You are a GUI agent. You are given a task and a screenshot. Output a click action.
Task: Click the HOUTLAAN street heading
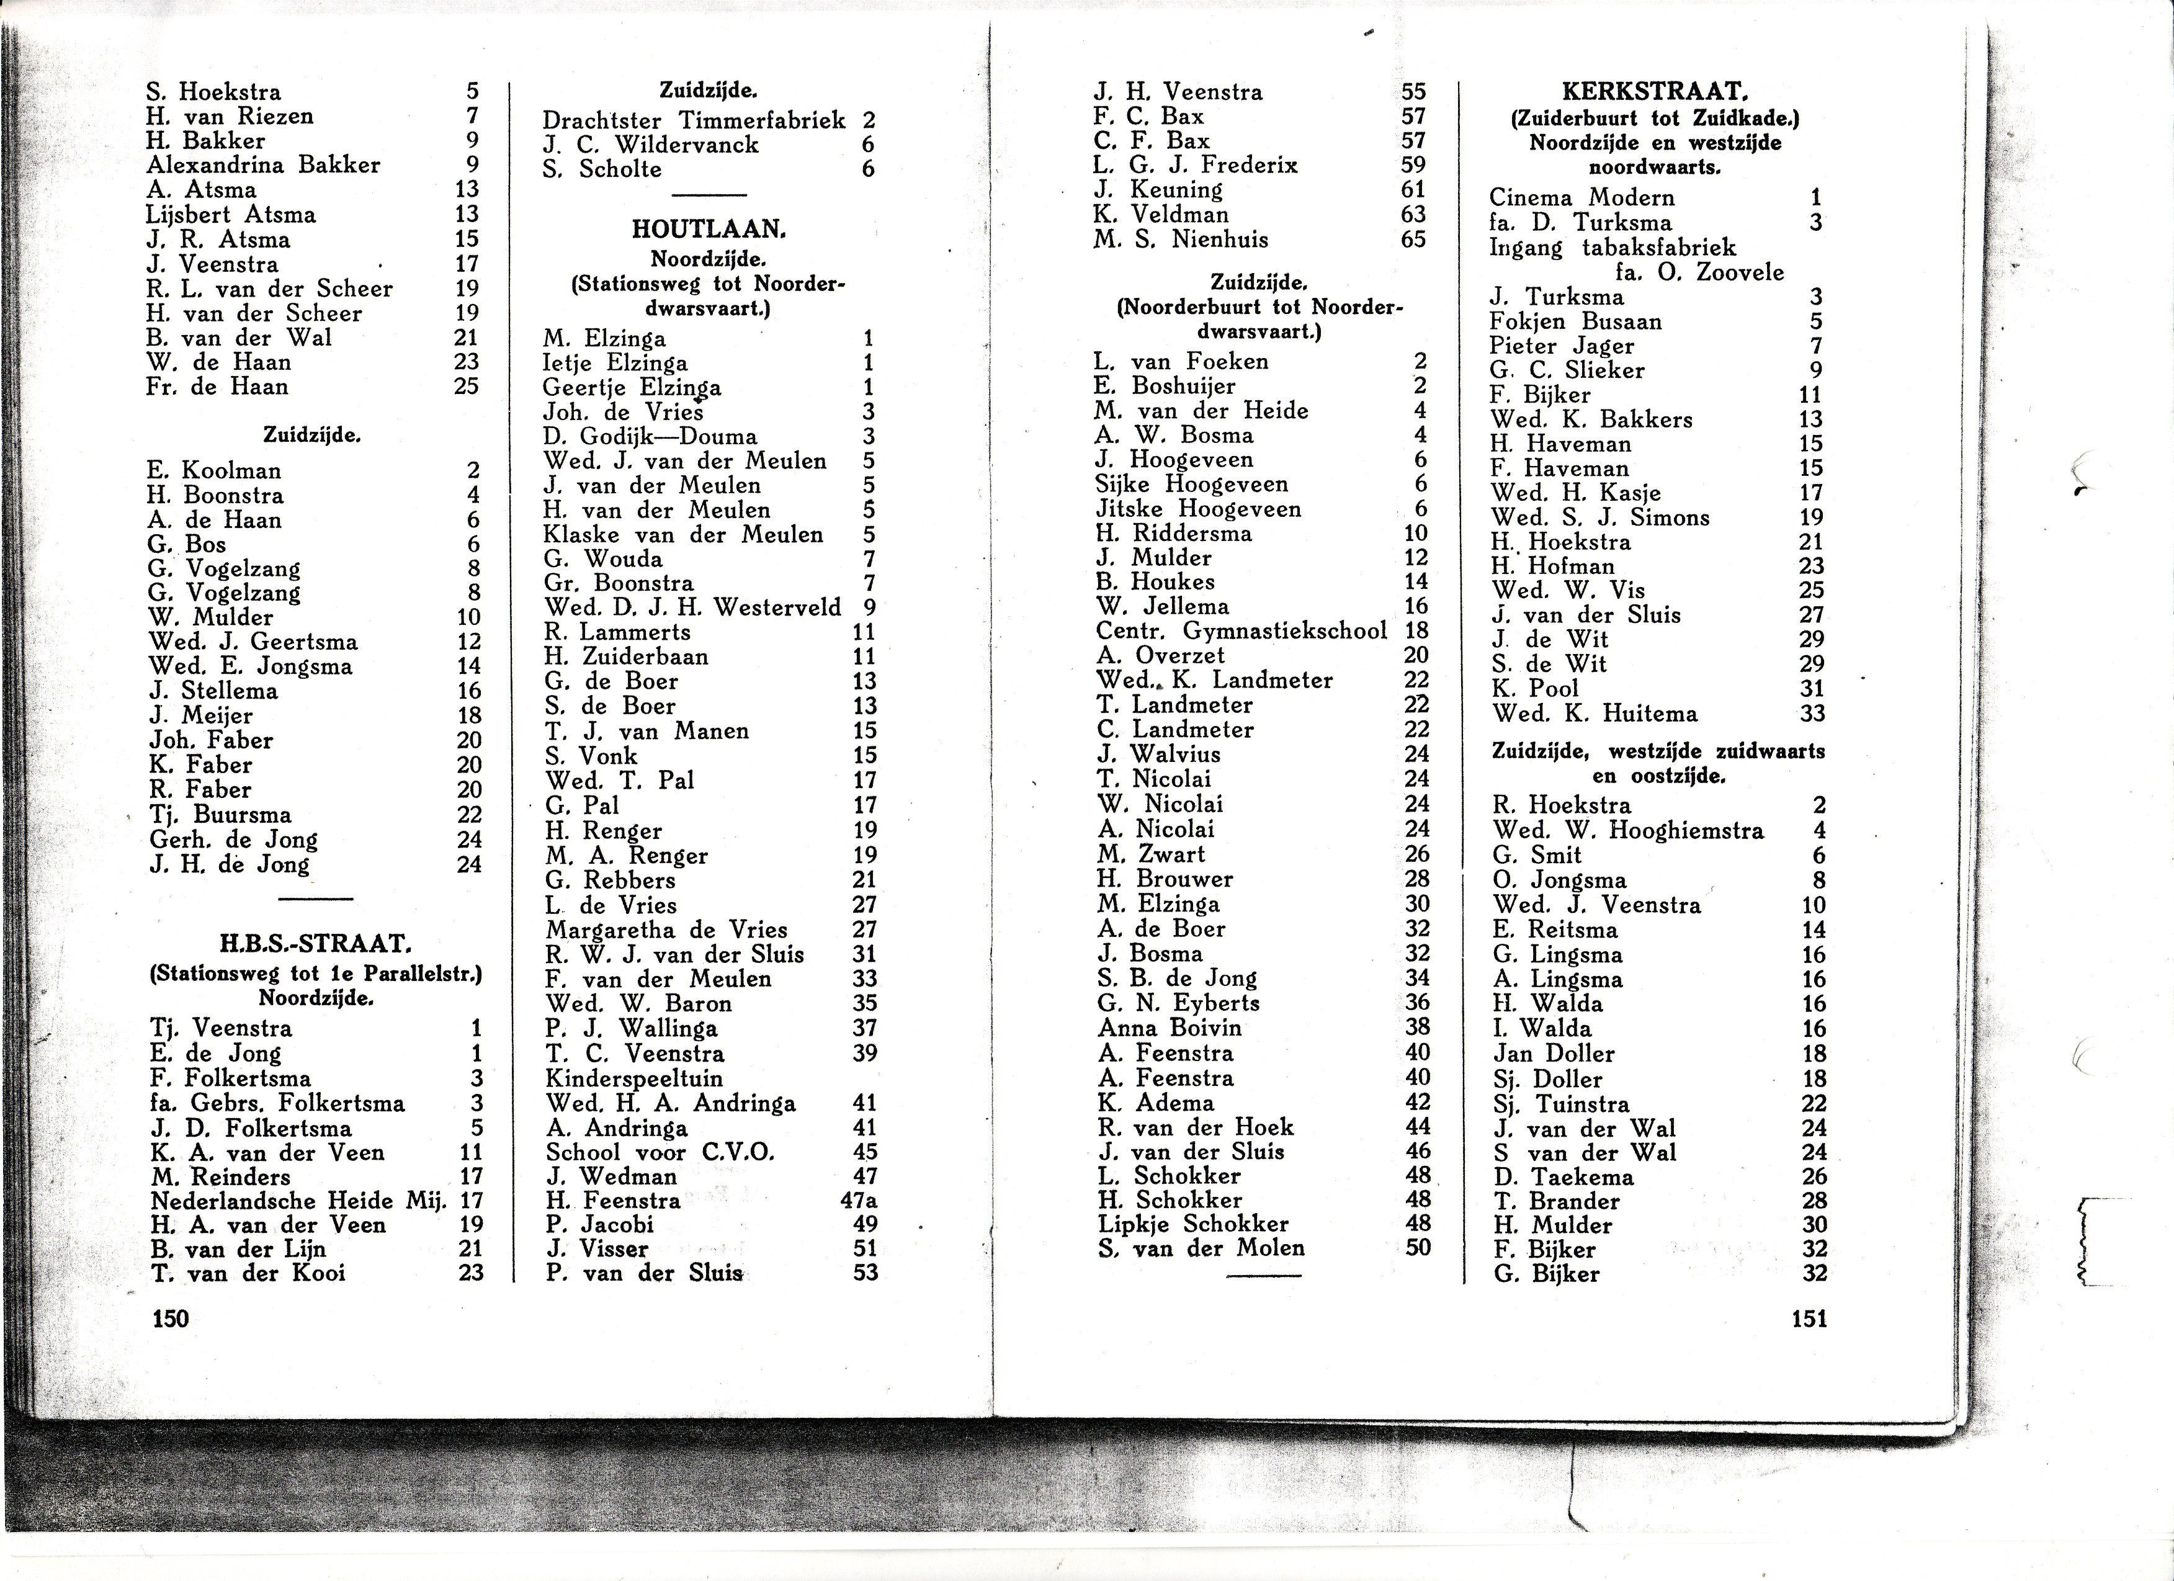(709, 229)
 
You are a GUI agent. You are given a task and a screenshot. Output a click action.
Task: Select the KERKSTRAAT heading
(1655, 92)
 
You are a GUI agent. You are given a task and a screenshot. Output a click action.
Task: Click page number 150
(171, 1319)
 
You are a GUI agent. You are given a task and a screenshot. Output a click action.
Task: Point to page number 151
(1809, 1319)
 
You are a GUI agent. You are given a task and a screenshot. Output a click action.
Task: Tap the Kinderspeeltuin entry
(635, 1078)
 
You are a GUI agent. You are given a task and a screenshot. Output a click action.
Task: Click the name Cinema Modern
(1581, 197)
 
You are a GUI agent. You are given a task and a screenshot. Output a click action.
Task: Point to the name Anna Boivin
(1170, 1028)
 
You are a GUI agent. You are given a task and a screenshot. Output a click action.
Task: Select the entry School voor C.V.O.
(660, 1152)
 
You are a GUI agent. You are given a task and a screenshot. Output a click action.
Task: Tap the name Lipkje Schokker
(1193, 1224)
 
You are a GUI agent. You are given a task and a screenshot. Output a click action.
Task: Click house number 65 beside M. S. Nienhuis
(1413, 239)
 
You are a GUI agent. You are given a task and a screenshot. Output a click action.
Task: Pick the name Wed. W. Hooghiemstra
(1627, 830)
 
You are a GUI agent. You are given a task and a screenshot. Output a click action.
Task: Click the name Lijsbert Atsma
(231, 214)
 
